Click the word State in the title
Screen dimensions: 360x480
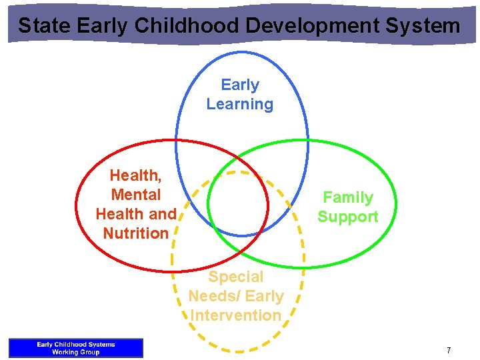(x=45, y=26)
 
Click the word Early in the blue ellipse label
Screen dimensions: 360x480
(x=240, y=85)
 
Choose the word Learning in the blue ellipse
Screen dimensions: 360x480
(x=240, y=104)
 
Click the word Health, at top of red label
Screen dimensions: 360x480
(x=135, y=175)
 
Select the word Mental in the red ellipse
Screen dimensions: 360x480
(x=136, y=195)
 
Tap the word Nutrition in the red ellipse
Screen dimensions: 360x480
(x=136, y=233)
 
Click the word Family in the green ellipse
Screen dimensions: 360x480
(x=347, y=197)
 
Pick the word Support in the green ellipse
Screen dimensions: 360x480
(x=347, y=217)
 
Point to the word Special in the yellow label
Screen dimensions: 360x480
(x=236, y=277)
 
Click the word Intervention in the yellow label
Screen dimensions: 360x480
(x=236, y=315)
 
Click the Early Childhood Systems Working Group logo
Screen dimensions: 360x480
(x=76, y=348)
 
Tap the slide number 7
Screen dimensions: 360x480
(x=449, y=350)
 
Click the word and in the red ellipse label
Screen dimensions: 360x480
(x=163, y=214)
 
